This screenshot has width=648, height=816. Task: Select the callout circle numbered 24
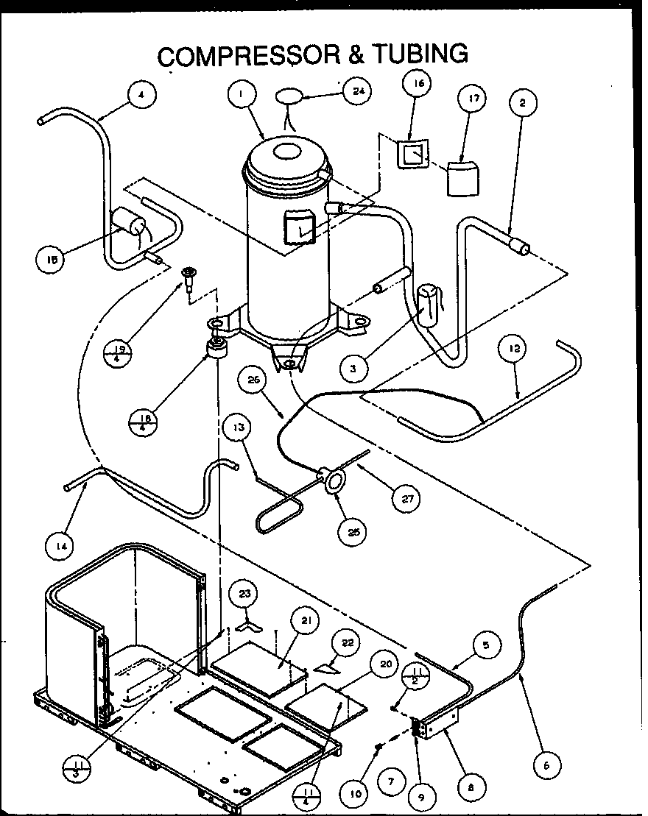(357, 91)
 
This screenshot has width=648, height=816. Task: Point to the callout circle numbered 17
(472, 98)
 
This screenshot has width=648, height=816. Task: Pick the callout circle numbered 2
(522, 104)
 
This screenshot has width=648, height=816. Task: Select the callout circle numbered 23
(244, 595)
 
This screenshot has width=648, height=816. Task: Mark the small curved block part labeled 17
(462, 179)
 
